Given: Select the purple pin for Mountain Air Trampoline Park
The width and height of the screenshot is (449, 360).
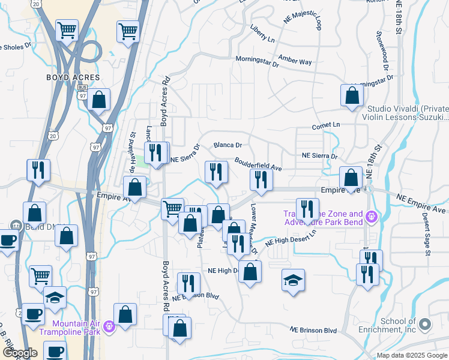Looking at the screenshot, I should pos(109,327).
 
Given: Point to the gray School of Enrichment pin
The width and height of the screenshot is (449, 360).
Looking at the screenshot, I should pos(426,325).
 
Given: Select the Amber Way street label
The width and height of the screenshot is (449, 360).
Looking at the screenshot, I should pos(295,61).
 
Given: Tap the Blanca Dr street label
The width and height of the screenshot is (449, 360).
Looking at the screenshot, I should pos(228,145).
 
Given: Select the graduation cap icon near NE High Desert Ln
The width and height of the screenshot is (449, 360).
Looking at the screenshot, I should pos(292,281).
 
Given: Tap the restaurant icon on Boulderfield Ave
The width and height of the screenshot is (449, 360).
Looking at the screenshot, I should pos(261,179).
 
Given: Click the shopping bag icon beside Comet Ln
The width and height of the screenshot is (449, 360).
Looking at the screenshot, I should pos(352,95).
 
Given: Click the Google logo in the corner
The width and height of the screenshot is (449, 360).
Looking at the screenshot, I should pos(19,353).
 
